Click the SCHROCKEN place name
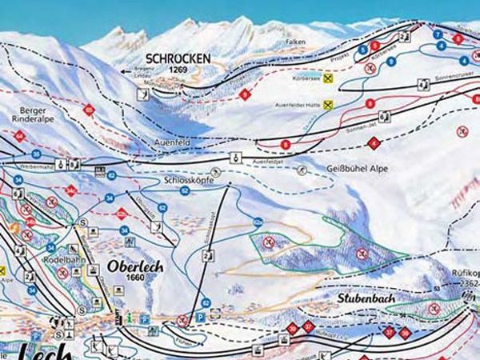(x=178, y=58)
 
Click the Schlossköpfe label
(x=186, y=181)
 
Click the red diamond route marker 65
(x=89, y=110)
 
